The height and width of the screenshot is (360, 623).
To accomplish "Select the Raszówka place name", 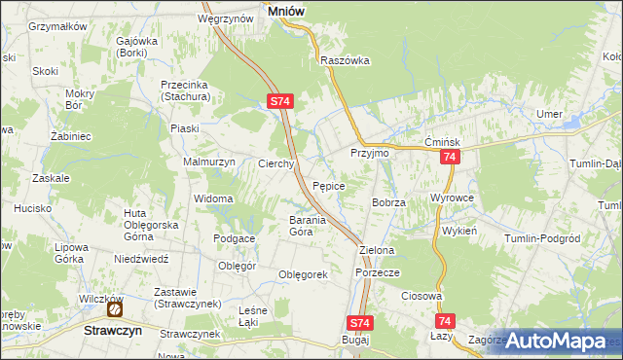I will (345, 59).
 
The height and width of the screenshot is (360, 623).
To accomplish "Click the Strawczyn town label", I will (101, 330).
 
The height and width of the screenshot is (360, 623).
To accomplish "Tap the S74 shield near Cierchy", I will (279, 100).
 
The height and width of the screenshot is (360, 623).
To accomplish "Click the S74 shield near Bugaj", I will (359, 323).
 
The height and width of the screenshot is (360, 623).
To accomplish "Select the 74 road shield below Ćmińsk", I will (449, 157).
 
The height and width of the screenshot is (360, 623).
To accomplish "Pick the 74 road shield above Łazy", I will (445, 319).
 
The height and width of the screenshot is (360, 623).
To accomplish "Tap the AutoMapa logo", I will (556, 341).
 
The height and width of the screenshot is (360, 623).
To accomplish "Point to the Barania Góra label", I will (286, 226).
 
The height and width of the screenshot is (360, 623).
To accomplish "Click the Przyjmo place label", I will (369, 154).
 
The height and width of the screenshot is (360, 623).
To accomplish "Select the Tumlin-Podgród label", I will (543, 238).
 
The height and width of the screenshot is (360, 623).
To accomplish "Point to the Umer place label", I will (550, 114).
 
